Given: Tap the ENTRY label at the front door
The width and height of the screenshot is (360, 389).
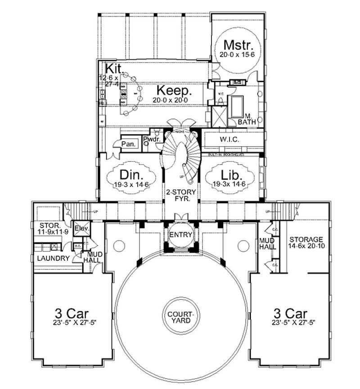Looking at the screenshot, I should coord(180,235).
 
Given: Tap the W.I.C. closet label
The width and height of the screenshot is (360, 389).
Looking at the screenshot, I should coord(229,139).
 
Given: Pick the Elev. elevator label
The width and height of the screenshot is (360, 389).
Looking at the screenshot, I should coord(82,228).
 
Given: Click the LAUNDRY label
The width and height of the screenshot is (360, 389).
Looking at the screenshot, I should coord(53,258).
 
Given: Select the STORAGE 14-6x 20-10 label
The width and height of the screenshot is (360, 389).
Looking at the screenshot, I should coord(306,242).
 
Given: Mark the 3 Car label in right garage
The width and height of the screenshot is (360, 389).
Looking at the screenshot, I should coord(291,313).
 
